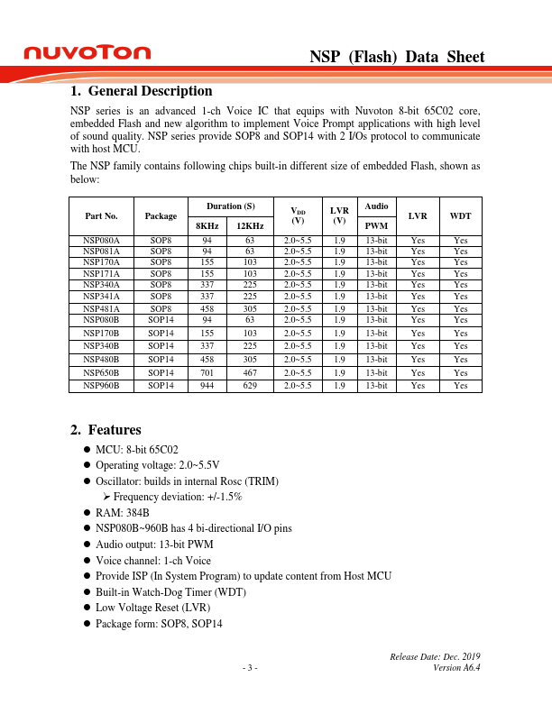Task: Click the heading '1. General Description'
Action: pos(141,91)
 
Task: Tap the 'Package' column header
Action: pos(161,216)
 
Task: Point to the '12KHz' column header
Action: pos(249,225)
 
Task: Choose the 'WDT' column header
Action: pos(460,216)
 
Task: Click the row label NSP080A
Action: pos(101,241)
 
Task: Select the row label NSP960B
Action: pos(101,386)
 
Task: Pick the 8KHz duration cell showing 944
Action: pos(207,386)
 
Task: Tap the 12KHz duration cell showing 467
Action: pos(249,372)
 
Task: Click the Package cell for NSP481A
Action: pos(161,308)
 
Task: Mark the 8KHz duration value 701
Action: pos(207,372)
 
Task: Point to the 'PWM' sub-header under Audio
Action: pos(376,225)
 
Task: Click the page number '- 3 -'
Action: pos(250,668)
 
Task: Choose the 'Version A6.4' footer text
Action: pos(456,668)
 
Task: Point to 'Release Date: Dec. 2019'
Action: pos(435,656)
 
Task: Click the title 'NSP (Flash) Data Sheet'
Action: pos(397,57)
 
